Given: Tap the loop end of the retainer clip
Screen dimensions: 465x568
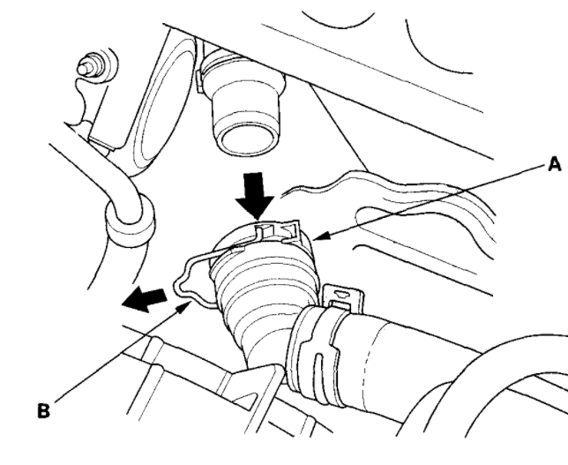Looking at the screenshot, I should coord(185,282).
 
